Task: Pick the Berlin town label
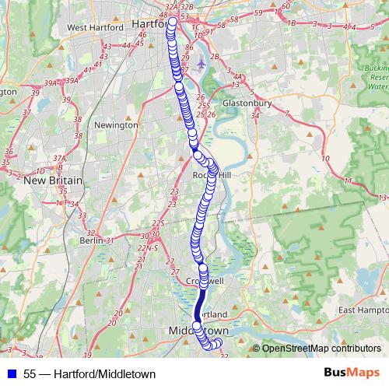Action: point(91,240)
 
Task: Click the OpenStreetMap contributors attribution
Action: point(321,349)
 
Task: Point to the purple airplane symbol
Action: point(202,63)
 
